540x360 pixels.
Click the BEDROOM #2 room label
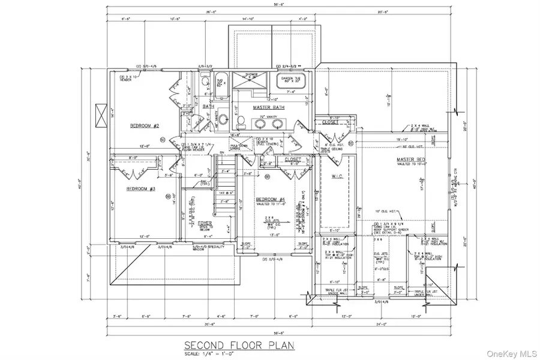point(143,126)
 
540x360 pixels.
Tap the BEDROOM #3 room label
point(140,189)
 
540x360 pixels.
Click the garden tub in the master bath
point(290,82)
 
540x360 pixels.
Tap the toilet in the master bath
point(241,122)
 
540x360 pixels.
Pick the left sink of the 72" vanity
point(262,124)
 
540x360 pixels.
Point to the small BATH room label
point(208,107)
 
